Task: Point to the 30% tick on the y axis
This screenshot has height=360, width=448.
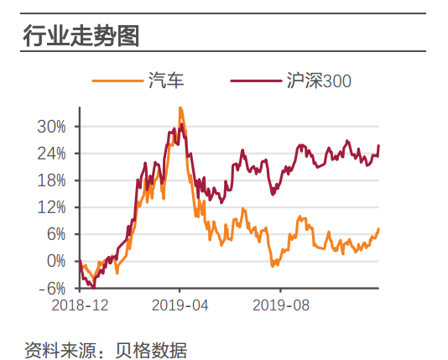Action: click(50, 127)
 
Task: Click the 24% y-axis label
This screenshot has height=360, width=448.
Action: click(50, 154)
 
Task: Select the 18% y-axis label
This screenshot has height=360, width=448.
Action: click(50, 180)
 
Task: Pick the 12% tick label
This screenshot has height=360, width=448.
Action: click(50, 207)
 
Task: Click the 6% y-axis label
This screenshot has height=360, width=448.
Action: click(54, 234)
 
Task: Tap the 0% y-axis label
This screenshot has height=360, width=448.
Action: click(54, 261)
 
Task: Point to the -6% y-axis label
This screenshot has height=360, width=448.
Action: click(51, 288)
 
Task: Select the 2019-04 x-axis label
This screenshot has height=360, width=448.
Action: click(180, 305)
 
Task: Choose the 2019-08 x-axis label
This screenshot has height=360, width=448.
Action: click(281, 305)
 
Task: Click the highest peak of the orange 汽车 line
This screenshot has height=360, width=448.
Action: click(180, 108)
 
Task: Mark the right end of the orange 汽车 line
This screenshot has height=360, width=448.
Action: click(378, 229)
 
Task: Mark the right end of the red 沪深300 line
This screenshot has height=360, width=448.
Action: click(378, 146)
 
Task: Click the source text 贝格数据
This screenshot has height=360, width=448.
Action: click(159, 347)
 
